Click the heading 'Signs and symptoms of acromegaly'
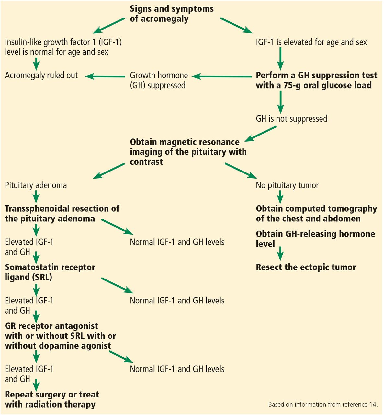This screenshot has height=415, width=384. click(172, 14)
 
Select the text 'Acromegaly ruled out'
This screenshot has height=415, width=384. click(41, 76)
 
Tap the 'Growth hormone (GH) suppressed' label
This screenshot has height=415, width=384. click(159, 80)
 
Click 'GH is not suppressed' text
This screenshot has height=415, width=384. click(291, 119)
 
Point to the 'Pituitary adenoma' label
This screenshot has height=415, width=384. click(36, 185)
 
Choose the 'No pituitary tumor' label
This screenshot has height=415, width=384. click(287, 185)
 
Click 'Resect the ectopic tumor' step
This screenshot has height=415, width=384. click(306, 267)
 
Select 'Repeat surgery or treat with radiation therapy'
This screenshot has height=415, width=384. click(52, 399)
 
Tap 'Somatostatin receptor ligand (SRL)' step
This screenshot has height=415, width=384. click(50, 272)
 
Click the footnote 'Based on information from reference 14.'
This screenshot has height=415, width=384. click(323, 405)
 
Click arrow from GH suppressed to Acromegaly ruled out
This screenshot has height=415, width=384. click(105, 77)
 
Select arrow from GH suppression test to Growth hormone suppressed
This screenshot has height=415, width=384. click(222, 77)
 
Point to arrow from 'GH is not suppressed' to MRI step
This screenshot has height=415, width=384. click(260, 134)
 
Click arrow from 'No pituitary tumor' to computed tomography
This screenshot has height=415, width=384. click(280, 197)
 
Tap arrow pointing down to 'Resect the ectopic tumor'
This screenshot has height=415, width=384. click(280, 254)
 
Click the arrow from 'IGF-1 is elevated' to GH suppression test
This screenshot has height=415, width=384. click(280, 59)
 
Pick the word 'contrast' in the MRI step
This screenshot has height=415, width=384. click(146, 162)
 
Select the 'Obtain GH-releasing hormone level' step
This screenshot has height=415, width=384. click(315, 239)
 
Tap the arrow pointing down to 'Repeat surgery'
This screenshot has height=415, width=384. click(36, 385)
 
